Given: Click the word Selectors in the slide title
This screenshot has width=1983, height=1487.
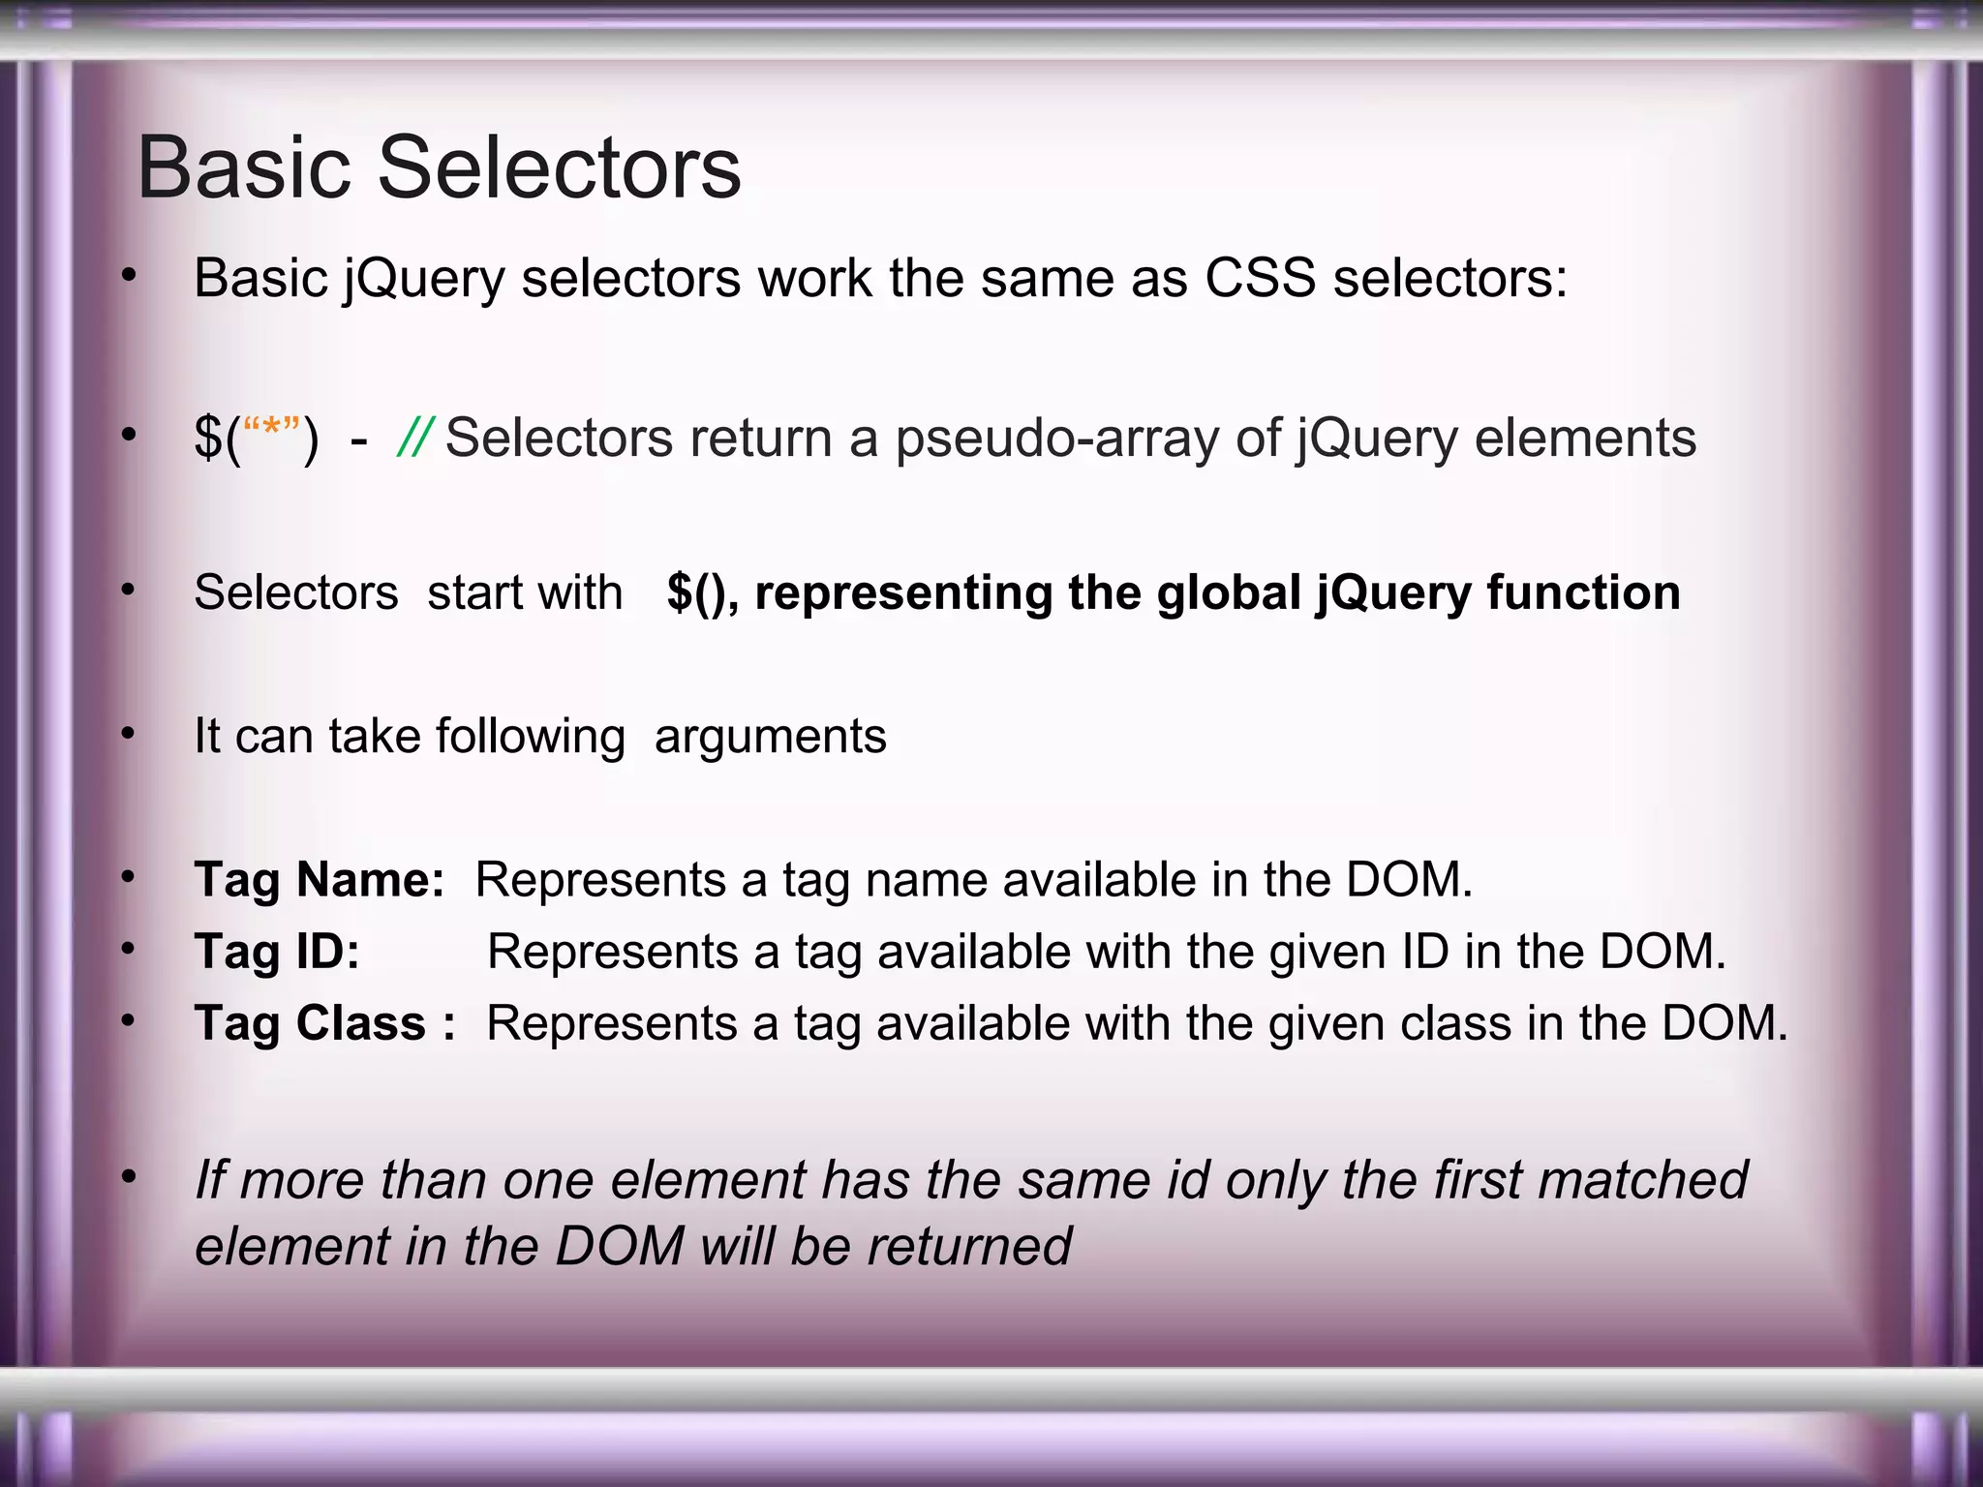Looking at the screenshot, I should (559, 167).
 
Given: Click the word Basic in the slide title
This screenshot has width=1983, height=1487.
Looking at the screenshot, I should (244, 167).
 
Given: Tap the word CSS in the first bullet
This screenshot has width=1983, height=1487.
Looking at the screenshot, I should (1260, 279).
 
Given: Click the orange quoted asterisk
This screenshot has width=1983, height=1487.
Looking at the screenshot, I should (271, 431).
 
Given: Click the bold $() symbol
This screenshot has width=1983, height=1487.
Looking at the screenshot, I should (697, 592).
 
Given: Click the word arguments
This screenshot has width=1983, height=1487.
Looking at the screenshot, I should (770, 737).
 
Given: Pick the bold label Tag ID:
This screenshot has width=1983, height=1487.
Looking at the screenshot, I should (277, 952).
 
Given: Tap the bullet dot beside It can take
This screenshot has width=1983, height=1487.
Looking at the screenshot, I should (128, 734).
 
